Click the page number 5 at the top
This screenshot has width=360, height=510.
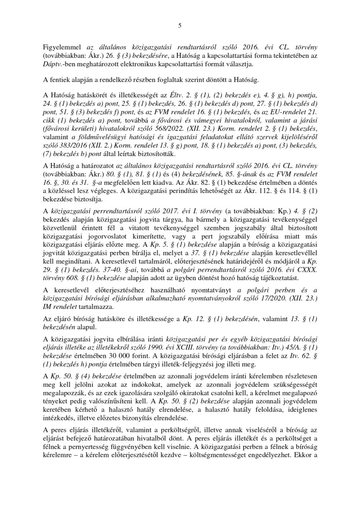[x=180, y=26]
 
